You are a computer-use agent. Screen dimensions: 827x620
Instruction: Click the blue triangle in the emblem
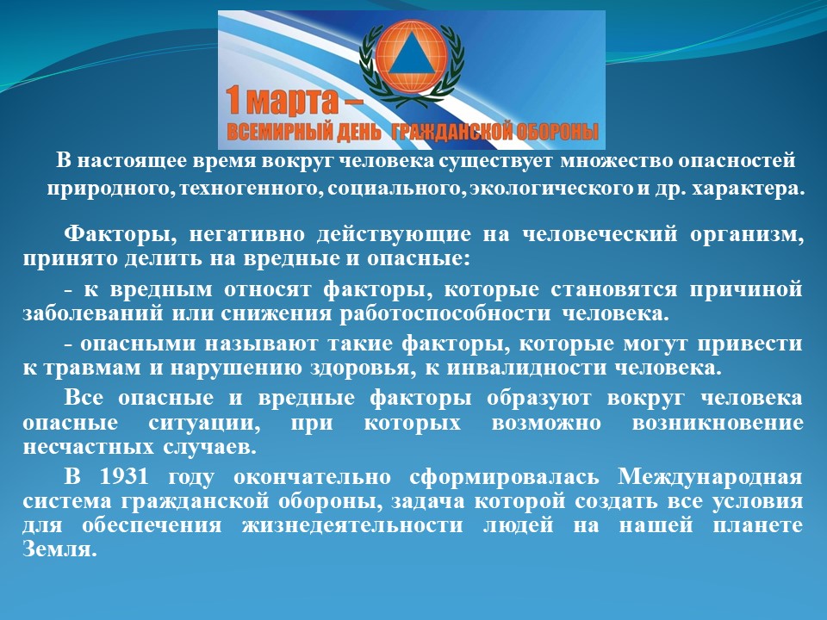click(x=413, y=55)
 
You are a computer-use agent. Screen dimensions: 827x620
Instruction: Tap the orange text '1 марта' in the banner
click(x=281, y=102)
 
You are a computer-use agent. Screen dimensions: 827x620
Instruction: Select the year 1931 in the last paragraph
click(x=123, y=476)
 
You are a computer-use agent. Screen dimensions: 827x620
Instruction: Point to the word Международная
click(x=710, y=476)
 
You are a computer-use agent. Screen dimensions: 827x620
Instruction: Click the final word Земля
click(x=60, y=550)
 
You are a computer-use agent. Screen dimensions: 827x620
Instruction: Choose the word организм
click(x=747, y=235)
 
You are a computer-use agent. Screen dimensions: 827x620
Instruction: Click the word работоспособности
click(x=445, y=313)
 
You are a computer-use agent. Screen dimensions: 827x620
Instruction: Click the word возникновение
click(x=718, y=423)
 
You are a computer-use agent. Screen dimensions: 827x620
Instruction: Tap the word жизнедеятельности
click(x=352, y=525)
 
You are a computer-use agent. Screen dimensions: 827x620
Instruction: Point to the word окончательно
click(x=312, y=477)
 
